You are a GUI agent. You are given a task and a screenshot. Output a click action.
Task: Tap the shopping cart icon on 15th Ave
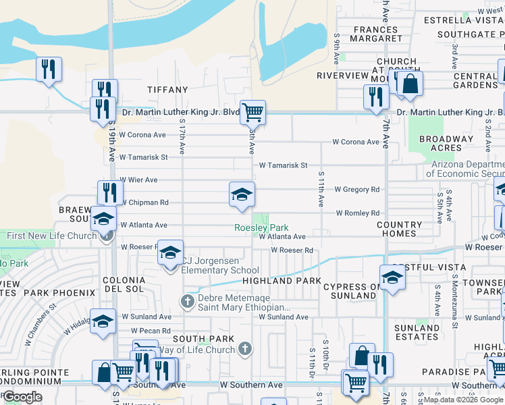tap(252, 111)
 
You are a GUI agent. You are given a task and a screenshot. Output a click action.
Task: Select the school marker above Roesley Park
tap(242, 194)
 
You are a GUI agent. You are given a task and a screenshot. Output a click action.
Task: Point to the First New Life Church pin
tap(105, 236)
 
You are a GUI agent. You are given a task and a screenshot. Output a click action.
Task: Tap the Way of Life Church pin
tap(245, 349)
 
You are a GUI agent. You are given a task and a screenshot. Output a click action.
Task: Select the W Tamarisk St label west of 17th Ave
tap(143, 157)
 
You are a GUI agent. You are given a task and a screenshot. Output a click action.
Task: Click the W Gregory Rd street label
tap(356, 190)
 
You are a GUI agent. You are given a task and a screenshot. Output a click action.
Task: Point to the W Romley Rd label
tap(358, 213)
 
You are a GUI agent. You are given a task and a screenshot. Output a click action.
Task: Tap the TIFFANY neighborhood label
tap(168, 90)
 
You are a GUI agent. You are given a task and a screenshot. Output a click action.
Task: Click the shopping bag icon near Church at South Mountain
tap(409, 84)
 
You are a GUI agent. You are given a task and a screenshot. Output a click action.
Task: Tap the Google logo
tap(22, 397)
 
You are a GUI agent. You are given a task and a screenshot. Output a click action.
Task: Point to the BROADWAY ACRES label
tap(446, 143)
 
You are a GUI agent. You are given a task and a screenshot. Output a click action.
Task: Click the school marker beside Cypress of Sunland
tap(393, 277)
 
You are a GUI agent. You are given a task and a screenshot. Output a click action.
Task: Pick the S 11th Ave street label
tap(321, 189)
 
